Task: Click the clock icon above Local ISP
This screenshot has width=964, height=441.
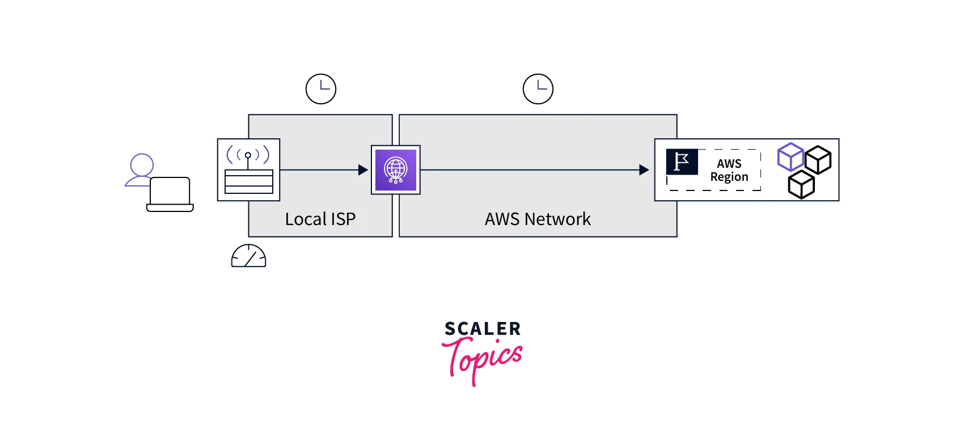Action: click(x=321, y=89)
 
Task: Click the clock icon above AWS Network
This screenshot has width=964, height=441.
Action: click(x=538, y=89)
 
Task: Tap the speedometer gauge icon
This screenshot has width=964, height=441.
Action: click(x=248, y=256)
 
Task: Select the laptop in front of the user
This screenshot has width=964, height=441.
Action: click(x=170, y=194)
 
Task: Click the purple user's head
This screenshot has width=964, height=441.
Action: click(x=142, y=165)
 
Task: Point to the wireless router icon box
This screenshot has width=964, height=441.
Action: click(x=248, y=169)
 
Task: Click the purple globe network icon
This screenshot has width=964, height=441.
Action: click(x=396, y=170)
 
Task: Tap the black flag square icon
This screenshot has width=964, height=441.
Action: click(x=682, y=162)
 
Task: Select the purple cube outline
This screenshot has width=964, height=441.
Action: click(x=790, y=157)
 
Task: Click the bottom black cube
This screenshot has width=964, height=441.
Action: click(x=801, y=185)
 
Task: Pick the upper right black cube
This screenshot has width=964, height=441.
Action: click(x=818, y=160)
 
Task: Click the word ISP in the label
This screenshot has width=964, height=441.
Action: click(x=343, y=219)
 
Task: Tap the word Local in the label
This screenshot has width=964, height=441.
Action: click(x=305, y=219)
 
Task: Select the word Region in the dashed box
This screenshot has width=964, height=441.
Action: click(x=729, y=177)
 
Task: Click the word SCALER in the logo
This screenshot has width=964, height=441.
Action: click(x=483, y=329)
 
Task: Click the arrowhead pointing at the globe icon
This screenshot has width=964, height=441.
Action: click(x=363, y=170)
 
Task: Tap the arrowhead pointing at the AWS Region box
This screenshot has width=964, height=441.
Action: click(x=644, y=170)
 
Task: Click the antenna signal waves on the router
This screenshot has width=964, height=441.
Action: click(x=248, y=154)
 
